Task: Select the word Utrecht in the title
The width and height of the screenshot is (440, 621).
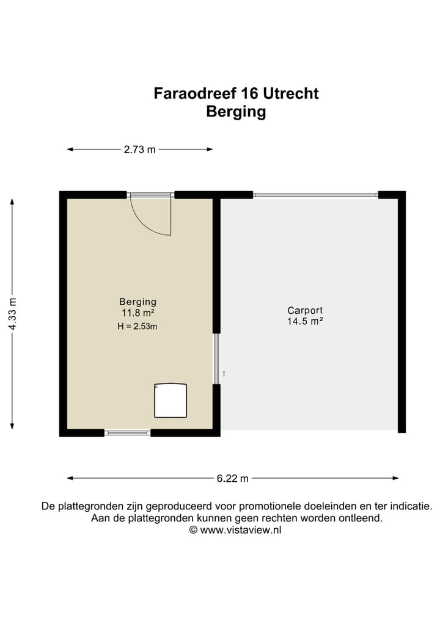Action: click(291, 93)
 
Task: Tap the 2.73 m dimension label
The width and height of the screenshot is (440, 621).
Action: click(139, 150)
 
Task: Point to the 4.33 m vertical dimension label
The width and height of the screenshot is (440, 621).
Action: click(12, 314)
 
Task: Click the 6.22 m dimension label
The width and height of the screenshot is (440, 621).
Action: click(232, 479)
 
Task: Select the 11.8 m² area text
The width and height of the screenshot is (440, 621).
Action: click(137, 313)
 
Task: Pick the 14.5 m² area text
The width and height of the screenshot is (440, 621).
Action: click(305, 321)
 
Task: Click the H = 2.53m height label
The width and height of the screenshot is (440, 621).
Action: click(137, 326)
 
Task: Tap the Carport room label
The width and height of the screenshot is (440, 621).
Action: click(305, 310)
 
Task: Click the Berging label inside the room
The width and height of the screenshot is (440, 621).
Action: click(137, 302)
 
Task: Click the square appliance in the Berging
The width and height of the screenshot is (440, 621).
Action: click(170, 401)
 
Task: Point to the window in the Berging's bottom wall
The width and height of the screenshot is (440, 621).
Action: click(127, 433)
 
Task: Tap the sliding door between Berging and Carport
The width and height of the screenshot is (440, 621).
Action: click(216, 358)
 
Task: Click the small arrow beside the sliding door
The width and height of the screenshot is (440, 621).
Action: click(224, 373)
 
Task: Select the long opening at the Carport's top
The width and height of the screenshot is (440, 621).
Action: click(315, 195)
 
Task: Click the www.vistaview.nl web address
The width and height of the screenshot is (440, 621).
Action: click(240, 530)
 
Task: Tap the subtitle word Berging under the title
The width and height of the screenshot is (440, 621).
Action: click(236, 112)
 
